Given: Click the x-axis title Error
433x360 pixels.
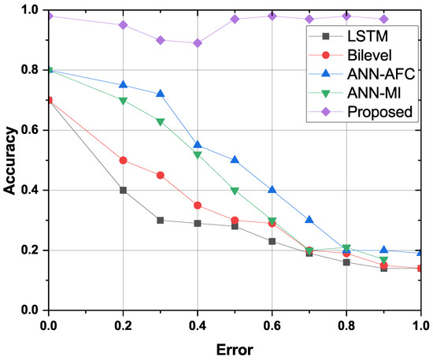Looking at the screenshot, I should pyautogui.click(x=235, y=346).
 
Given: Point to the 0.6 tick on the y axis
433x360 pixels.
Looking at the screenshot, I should pyautogui.click(x=31, y=130).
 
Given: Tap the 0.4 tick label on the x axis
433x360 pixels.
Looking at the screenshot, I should pyautogui.click(x=198, y=324).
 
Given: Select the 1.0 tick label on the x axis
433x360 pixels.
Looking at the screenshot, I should pyautogui.click(x=420, y=324).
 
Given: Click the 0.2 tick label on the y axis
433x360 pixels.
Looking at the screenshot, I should pyautogui.click(x=31, y=251).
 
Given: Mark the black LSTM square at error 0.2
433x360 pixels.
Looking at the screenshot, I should pyautogui.click(x=124, y=190).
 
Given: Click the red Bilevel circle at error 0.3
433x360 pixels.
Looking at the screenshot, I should pyautogui.click(x=161, y=175).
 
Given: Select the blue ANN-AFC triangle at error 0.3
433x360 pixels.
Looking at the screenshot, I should pyautogui.click(x=161, y=94).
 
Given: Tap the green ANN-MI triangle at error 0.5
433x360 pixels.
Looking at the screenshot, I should pyautogui.click(x=235, y=191).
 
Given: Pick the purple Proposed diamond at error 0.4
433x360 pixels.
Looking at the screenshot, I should pyautogui.click(x=198, y=43).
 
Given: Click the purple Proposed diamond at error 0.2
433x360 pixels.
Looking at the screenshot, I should pyautogui.click(x=124, y=24).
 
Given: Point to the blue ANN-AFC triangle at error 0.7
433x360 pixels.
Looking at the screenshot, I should pyautogui.click(x=309, y=220).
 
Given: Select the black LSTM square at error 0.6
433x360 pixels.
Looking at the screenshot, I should pyautogui.click(x=272, y=241).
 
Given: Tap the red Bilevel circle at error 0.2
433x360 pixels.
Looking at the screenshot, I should pyautogui.click(x=124, y=160).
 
